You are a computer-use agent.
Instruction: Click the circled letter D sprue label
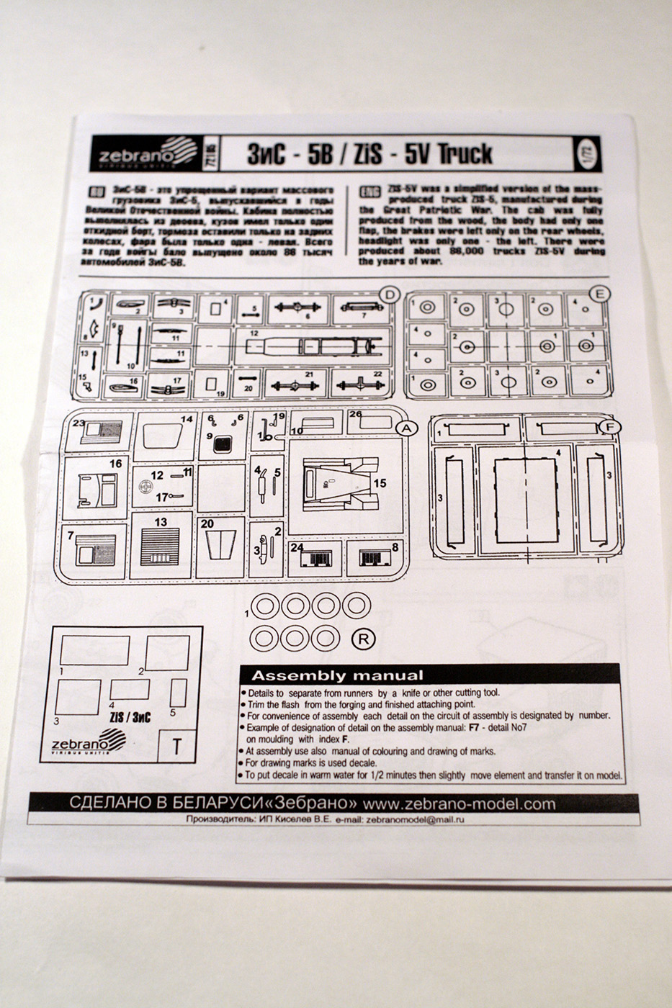pyautogui.click(x=389, y=294)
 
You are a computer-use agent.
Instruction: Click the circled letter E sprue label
pyautogui.click(x=599, y=293)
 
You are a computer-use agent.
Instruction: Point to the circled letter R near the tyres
pyautogui.click(x=365, y=638)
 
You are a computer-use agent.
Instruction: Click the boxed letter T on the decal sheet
pyautogui.click(x=176, y=746)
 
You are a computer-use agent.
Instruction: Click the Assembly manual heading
pyautogui.click(x=337, y=675)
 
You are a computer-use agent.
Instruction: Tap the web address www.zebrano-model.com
pyautogui.click(x=460, y=804)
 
